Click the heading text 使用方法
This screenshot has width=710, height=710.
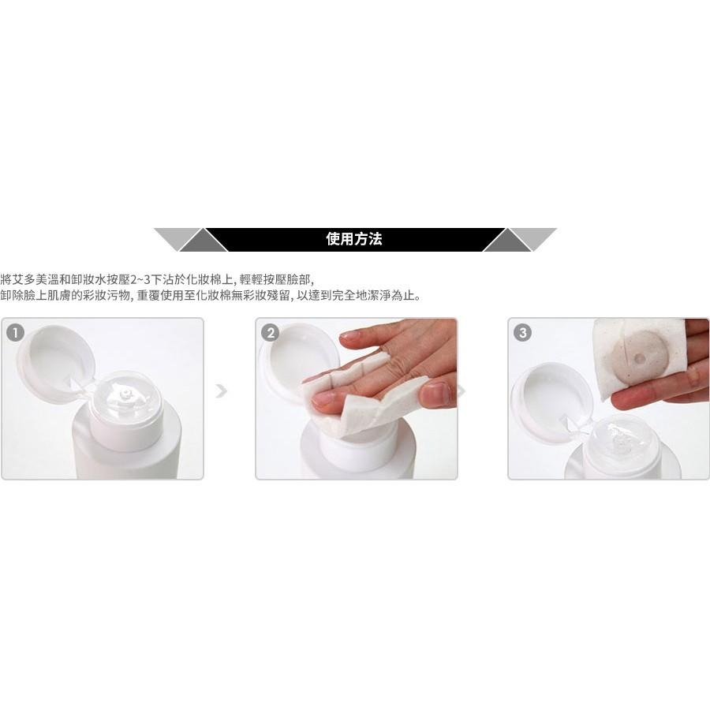(x=354, y=239)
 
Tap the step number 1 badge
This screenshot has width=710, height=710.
(x=13, y=332)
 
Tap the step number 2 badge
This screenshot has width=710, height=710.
(x=271, y=332)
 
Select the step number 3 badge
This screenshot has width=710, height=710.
(x=521, y=332)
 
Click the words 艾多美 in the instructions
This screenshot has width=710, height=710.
(x=29, y=280)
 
